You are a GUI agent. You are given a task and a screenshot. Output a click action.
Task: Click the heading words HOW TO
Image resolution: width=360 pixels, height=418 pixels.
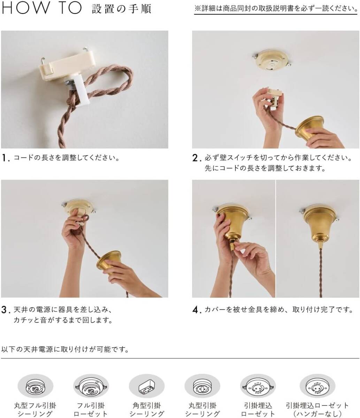[x=42, y=8]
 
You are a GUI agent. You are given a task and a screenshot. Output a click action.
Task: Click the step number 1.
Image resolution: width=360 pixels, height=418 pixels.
[x=6, y=158]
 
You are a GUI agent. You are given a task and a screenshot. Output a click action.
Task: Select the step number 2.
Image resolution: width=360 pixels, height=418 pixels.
[x=197, y=158]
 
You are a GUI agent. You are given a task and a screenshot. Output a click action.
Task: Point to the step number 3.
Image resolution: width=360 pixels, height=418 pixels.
[x=6, y=310]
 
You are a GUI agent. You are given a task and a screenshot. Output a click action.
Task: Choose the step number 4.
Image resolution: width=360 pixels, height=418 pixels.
[x=197, y=310]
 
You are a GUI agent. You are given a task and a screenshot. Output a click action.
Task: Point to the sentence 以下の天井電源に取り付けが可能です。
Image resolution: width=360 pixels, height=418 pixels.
[x=65, y=349]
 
